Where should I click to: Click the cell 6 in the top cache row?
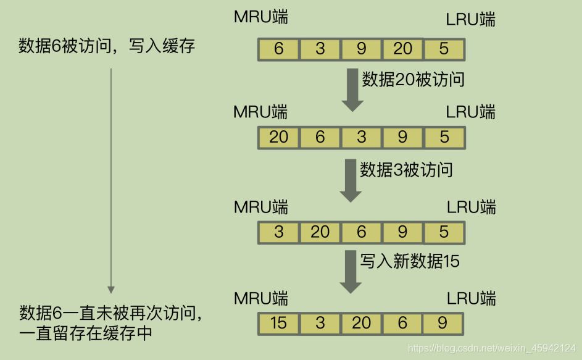[x=278, y=49]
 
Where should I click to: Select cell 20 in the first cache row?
[x=402, y=49]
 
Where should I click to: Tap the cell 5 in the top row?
[x=444, y=49]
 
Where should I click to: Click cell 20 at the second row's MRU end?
[x=278, y=137]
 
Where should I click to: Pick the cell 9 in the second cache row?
[x=402, y=137]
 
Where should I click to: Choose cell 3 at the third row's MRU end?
[x=278, y=232]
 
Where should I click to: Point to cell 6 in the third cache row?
[x=361, y=232]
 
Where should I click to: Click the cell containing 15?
[x=278, y=323]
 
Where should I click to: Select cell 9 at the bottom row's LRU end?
[x=444, y=323]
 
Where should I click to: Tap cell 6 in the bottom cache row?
[x=402, y=323]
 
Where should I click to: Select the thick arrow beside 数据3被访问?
[x=351, y=180]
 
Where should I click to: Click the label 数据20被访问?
[x=413, y=80]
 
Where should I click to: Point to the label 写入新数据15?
[x=410, y=261]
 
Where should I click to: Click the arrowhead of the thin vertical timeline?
[x=111, y=288]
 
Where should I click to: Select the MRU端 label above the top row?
[x=260, y=17]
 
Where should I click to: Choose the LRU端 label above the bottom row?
[x=471, y=298]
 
